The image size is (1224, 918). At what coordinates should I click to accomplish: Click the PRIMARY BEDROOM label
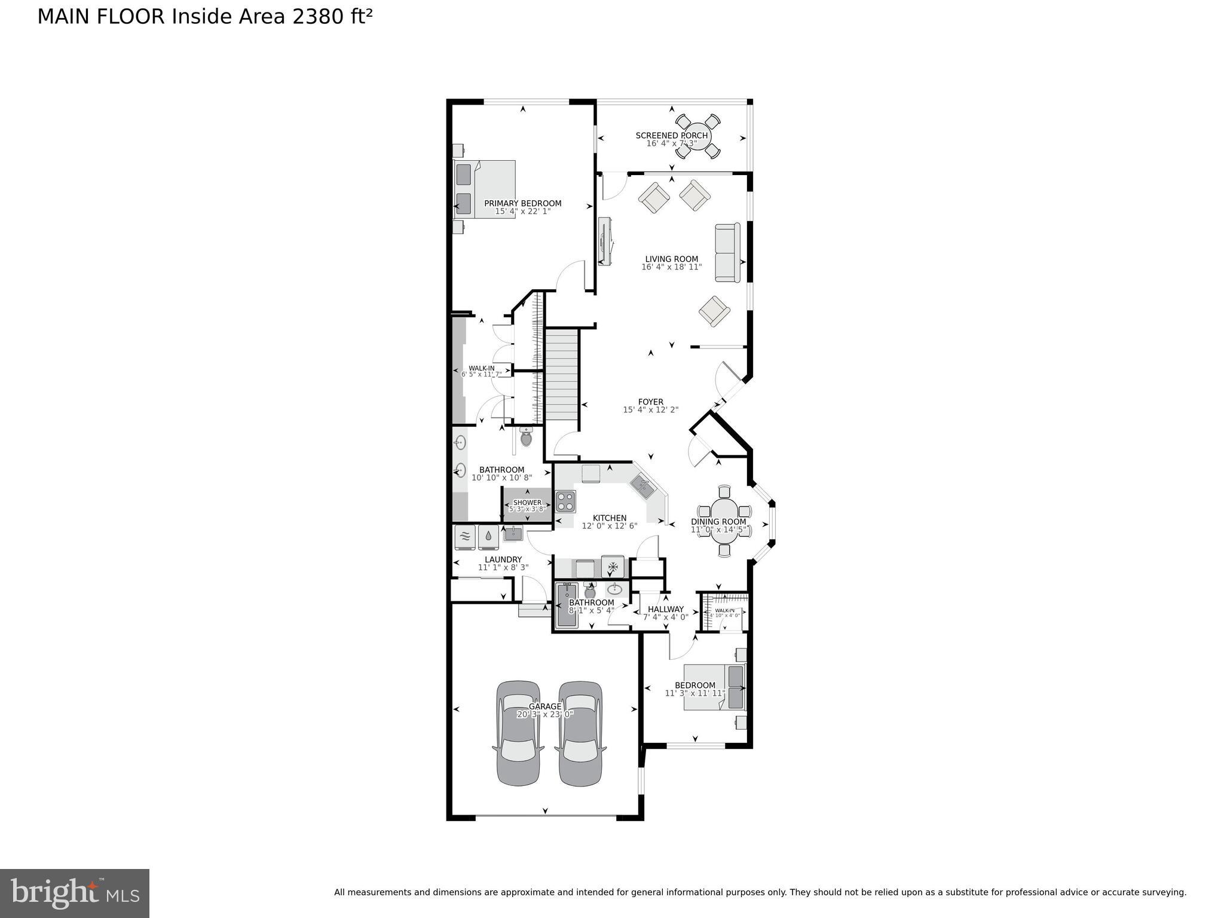tap(522, 203)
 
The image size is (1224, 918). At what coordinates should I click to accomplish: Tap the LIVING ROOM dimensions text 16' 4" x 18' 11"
tap(671, 267)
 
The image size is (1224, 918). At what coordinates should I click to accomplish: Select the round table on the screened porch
tap(693, 136)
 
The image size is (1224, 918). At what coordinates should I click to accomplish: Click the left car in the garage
tap(519, 733)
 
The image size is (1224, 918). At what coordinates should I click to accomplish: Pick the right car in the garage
tap(580, 733)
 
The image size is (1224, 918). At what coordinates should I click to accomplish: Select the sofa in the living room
tap(728, 253)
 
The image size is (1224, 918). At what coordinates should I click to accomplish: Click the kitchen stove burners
tap(565, 501)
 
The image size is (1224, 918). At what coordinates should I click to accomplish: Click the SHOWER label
tap(527, 503)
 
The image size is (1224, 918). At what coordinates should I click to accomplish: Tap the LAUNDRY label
tap(503, 559)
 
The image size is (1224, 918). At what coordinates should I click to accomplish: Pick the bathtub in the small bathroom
tap(567, 605)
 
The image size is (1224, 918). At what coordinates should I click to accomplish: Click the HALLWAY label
tap(666, 609)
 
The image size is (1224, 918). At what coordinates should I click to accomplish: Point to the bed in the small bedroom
tap(715, 687)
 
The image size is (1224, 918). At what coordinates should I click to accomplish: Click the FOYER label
tap(650, 402)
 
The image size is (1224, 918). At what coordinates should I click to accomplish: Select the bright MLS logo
tap(75, 893)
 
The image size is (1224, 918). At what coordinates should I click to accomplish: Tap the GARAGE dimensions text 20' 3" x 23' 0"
tap(544, 714)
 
